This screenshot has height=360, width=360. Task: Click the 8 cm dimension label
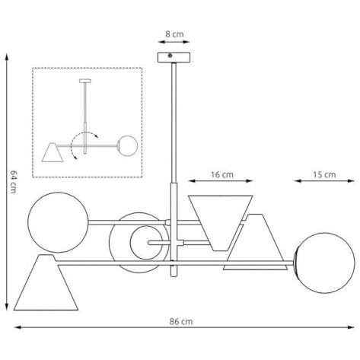[x=174, y=34]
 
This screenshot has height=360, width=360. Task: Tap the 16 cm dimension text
[x=222, y=174]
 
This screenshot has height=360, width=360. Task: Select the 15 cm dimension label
[x=324, y=174]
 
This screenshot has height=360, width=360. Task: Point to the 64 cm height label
[x=13, y=182]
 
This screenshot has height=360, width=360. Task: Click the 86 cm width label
[x=181, y=321]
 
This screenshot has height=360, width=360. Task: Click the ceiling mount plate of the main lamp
[x=174, y=58]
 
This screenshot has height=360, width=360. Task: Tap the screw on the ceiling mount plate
[x=170, y=56]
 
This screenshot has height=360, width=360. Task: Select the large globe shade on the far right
[x=325, y=263]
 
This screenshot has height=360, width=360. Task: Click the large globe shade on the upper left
[x=58, y=222]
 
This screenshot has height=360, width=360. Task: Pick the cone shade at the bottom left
[x=46, y=282]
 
